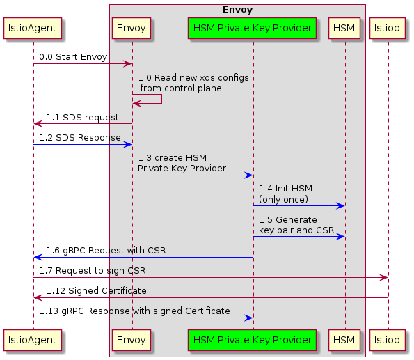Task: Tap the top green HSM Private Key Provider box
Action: click(x=253, y=28)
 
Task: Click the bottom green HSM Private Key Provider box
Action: click(x=253, y=340)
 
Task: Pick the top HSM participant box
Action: click(x=344, y=28)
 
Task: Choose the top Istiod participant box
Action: click(x=388, y=28)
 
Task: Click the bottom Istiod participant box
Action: click(x=388, y=340)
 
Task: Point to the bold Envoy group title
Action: click(x=237, y=10)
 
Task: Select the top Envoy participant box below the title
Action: click(x=132, y=28)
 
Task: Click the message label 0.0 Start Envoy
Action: click(x=73, y=57)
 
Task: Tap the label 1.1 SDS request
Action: click(x=82, y=117)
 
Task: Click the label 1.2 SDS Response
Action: click(x=80, y=138)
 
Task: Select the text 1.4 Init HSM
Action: click(x=285, y=189)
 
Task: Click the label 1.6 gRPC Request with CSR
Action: click(x=106, y=251)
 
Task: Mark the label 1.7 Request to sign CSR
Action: click(x=93, y=270)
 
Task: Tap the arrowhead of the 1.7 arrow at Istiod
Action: click(x=383, y=278)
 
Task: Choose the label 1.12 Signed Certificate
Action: click(x=97, y=290)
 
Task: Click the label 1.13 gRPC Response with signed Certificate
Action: click(x=134, y=311)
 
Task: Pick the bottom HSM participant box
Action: click(x=344, y=340)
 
